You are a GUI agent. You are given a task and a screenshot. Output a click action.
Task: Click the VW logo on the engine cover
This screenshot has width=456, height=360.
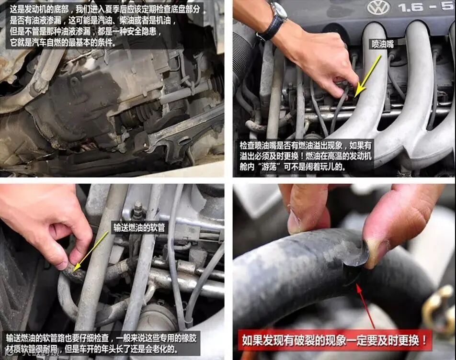tap(378, 8)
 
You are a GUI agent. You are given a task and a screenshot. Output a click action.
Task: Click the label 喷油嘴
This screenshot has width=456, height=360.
tap(382, 44)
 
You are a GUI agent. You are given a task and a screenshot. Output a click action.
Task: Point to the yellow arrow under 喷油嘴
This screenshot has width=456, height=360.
tap(367, 76)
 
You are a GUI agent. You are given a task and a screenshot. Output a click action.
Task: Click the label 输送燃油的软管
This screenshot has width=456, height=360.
tap(139, 227)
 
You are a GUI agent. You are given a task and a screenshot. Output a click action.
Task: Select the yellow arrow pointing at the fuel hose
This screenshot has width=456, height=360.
tap(91, 252)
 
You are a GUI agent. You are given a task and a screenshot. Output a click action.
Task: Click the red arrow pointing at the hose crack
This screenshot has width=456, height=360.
tap(366, 306)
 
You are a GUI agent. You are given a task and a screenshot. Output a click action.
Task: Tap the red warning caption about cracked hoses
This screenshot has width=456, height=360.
tap(335, 340)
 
